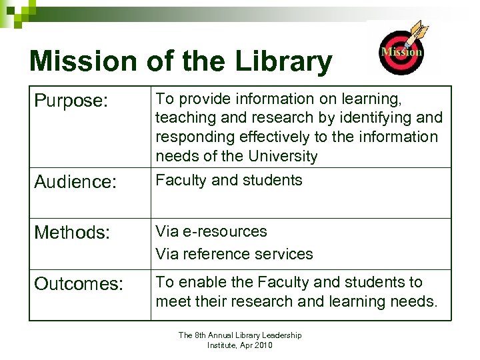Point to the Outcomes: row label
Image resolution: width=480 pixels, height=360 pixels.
click(79, 284)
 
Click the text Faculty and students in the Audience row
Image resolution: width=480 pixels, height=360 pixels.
click(229, 180)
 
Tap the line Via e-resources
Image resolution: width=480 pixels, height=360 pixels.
click(211, 231)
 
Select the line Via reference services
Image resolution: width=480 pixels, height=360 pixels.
click(234, 254)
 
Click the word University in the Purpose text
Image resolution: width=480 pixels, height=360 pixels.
click(284, 157)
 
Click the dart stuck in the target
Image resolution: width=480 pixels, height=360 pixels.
click(418, 33)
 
